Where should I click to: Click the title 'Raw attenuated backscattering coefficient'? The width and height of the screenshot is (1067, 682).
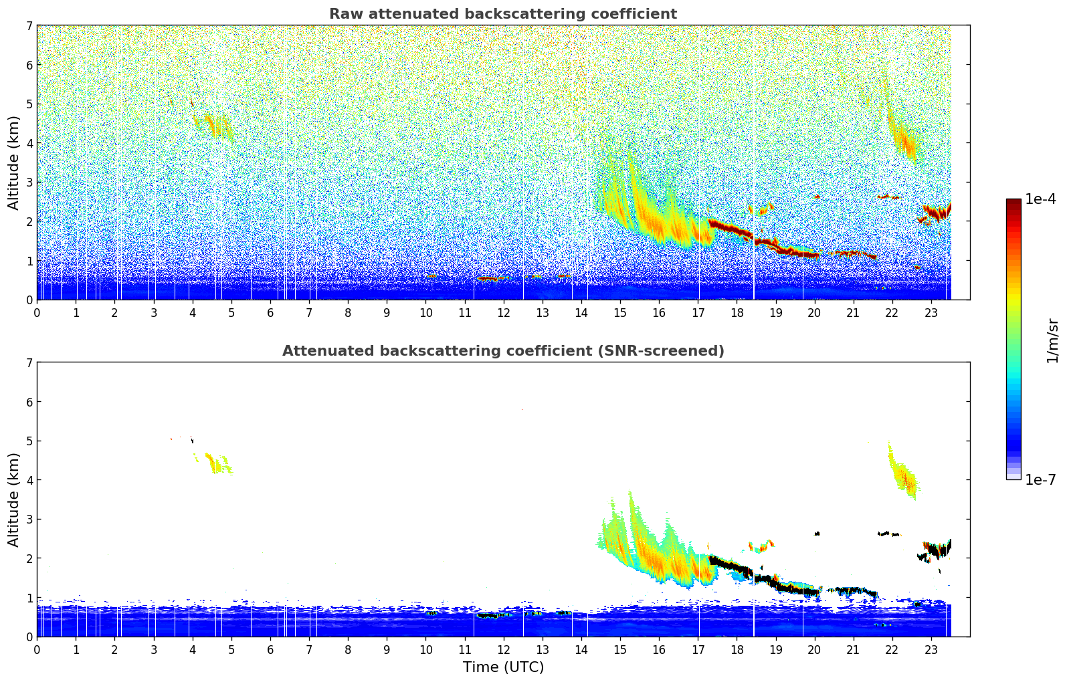pos(503,14)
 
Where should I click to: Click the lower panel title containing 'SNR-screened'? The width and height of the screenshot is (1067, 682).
pos(503,351)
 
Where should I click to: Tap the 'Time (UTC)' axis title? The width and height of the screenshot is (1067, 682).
pos(503,667)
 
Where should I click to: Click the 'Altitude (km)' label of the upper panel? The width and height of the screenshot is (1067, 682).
pos(14,162)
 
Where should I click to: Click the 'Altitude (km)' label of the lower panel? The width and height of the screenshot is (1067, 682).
pos(14,499)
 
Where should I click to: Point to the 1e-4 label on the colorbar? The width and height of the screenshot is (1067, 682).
pos(1040,199)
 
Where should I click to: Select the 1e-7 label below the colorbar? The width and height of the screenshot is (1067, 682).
pos(1040,479)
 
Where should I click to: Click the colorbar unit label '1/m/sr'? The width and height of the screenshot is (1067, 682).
pos(1052,340)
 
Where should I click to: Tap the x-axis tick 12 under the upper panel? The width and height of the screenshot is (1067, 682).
pos(504,312)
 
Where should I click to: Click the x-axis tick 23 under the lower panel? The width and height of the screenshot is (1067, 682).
pos(931,649)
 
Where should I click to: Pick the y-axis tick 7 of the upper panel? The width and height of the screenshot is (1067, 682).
pos(29,26)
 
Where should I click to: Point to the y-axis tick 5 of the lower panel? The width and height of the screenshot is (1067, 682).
pos(29,441)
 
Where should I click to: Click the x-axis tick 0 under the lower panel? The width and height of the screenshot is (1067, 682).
pos(37,649)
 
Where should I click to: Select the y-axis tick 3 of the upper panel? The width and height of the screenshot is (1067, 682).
pos(29,183)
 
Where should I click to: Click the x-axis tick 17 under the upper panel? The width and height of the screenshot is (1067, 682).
pos(698,312)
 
